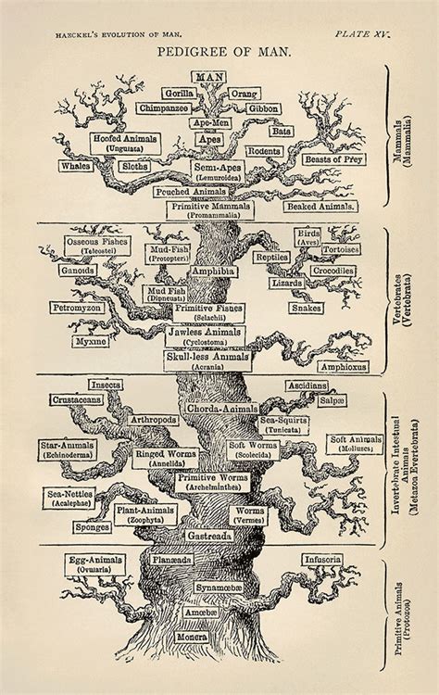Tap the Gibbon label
coord(263,108)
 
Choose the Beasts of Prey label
coord(333,159)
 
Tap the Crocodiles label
coord(332,271)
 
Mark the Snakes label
coord(307,307)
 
